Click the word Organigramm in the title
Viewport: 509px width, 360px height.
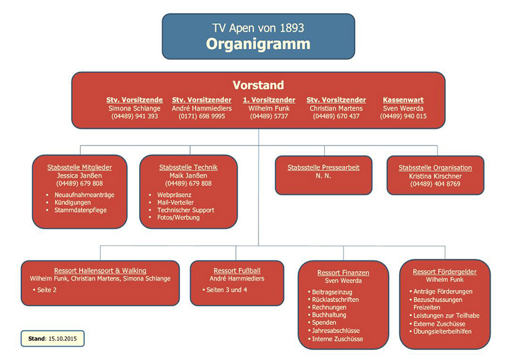pyautogui.click(x=258, y=44)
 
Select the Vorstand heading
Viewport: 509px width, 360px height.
pyautogui.click(x=258, y=85)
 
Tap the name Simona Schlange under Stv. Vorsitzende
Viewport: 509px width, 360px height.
pyautogui.click(x=135, y=108)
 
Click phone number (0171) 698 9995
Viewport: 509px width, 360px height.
pyautogui.click(x=198, y=116)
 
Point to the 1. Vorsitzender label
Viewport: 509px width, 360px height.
pyautogui.click(x=269, y=100)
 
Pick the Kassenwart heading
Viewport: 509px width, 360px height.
pyautogui.click(x=403, y=100)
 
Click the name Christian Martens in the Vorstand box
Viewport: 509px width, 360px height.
pyautogui.click(x=336, y=108)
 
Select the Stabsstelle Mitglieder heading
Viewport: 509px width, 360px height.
pyautogui.click(x=80, y=168)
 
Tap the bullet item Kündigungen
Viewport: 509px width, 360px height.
pyautogui.click(x=72, y=202)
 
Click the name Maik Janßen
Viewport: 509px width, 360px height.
pyautogui.click(x=188, y=175)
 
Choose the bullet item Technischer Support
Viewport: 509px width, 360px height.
pyautogui.click(x=186, y=210)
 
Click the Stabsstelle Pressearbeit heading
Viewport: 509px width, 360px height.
pyautogui.click(x=323, y=168)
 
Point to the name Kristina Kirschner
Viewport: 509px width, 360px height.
pyautogui.click(x=435, y=176)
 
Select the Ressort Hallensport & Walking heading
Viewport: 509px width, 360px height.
pyautogui.click(x=100, y=271)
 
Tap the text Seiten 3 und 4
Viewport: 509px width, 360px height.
pyautogui.click(x=227, y=290)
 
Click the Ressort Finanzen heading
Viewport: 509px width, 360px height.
pyautogui.click(x=343, y=272)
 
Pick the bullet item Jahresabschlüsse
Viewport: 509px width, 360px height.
pyautogui.click(x=336, y=331)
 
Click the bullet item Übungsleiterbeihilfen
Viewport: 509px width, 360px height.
pyautogui.click(x=442, y=331)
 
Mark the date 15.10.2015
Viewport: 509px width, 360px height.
pyautogui.click(x=62, y=338)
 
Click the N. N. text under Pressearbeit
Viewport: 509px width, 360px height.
pyautogui.click(x=323, y=176)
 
